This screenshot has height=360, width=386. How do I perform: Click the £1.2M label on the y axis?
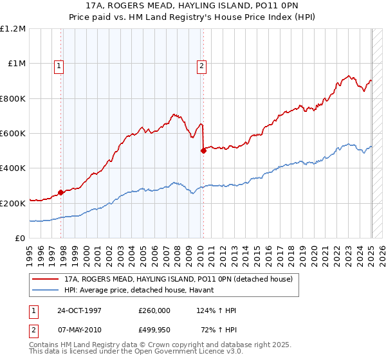13,29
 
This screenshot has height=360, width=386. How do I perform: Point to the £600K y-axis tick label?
13,134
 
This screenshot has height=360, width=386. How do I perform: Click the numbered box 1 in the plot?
59,65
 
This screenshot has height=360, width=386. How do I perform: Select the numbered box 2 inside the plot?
202,65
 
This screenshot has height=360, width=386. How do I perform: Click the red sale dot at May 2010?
203,150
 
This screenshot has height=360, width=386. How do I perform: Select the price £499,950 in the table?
154,331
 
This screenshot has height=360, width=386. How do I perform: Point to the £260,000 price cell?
154,310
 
